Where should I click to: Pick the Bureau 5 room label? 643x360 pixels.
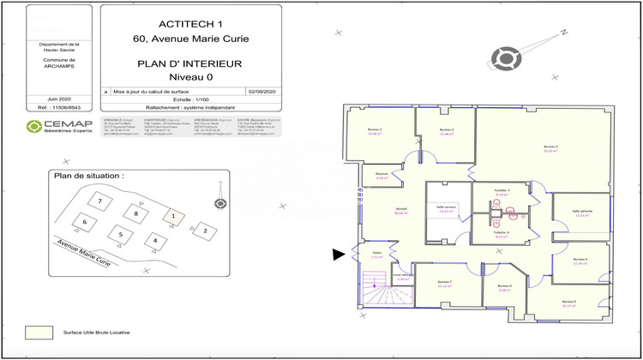(568, 303)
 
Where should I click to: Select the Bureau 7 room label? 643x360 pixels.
(445, 283)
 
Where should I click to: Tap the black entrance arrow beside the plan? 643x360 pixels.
(340, 253)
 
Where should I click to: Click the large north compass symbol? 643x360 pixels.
(506, 58)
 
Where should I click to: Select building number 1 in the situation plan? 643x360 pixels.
(172, 216)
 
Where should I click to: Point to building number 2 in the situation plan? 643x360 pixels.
(204, 230)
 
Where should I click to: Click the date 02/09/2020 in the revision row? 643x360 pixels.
(261, 90)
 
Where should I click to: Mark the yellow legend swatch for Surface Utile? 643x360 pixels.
(39, 332)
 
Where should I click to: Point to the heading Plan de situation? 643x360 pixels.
(88, 176)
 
